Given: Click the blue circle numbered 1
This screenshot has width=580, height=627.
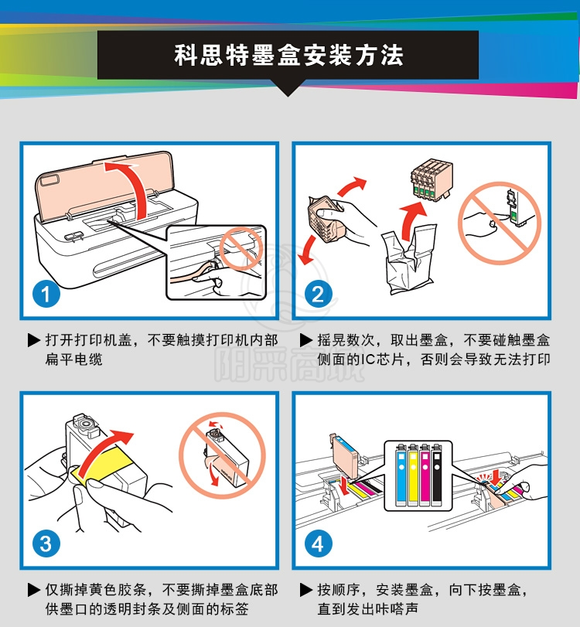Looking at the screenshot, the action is tap(46, 294).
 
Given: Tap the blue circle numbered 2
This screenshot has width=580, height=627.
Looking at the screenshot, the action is tap(318, 294).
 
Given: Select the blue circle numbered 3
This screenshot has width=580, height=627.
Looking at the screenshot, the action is tap(46, 544).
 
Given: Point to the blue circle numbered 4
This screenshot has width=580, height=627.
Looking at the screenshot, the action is tap(318, 544).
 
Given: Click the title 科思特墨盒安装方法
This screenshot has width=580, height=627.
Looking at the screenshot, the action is tap(288, 55).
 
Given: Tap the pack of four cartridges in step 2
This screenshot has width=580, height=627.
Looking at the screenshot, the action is tap(432, 179).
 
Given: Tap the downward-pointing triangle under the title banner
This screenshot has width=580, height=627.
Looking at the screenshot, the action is tap(288, 87).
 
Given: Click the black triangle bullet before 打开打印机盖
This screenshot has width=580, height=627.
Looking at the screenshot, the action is tap(33, 340).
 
